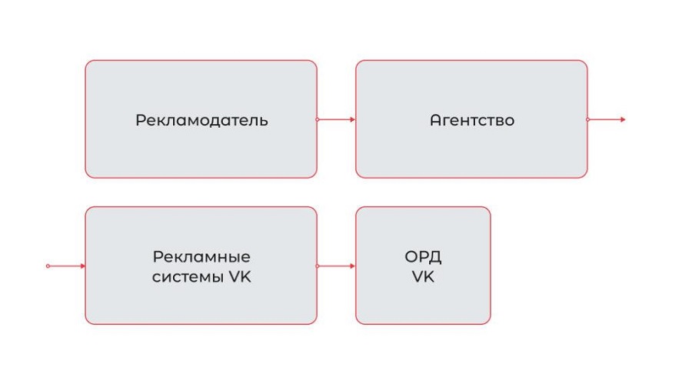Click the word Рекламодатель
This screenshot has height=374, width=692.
pyautogui.click(x=201, y=120)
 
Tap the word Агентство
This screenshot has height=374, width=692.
pyautogui.click(x=471, y=120)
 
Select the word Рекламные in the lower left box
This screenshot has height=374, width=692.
pyautogui.click(x=201, y=257)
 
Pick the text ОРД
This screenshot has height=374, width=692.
pyautogui.click(x=423, y=257)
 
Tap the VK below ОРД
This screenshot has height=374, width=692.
pyautogui.click(x=423, y=277)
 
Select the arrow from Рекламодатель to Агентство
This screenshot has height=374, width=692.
pyautogui.click(x=336, y=119)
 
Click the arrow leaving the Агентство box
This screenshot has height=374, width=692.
pyautogui.click(x=607, y=119)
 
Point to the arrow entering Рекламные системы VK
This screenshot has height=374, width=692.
pyautogui.click(x=65, y=266)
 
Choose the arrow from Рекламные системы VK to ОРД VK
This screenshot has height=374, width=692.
pyautogui.click(x=336, y=266)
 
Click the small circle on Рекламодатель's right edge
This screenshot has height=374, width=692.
pyautogui.click(x=318, y=119)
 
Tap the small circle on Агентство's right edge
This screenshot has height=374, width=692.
pyautogui.click(x=588, y=119)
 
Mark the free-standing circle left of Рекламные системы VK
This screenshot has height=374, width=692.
pyautogui.click(x=48, y=266)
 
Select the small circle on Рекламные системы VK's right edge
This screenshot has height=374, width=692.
pyautogui.click(x=318, y=266)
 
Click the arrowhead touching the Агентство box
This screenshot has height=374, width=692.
pyautogui.click(x=352, y=119)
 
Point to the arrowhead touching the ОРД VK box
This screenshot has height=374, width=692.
pyautogui.click(x=352, y=266)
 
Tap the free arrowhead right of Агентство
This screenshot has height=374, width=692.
pyautogui.click(x=623, y=119)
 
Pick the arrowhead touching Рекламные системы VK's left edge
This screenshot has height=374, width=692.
pyautogui.click(x=82, y=266)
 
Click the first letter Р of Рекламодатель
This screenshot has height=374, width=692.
pyautogui.click(x=141, y=121)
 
